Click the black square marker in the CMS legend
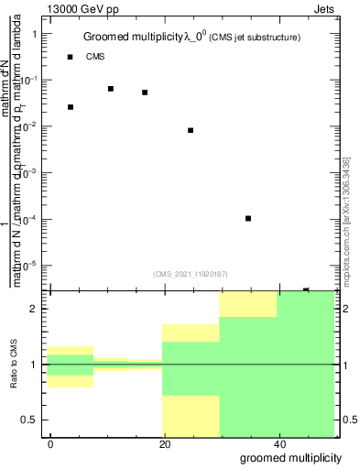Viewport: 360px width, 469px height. [x=71, y=57]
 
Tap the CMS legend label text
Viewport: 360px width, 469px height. [x=95, y=57]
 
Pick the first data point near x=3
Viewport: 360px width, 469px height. [x=71, y=107]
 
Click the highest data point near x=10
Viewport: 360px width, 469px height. [x=111, y=89]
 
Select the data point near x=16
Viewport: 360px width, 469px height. [x=145, y=93]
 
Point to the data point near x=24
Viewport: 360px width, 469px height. [x=191, y=130]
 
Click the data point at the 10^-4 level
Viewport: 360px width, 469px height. [x=248, y=218]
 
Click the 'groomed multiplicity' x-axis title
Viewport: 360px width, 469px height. [x=291, y=456]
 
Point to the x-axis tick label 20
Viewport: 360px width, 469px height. [x=165, y=442]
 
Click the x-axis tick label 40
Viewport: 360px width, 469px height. [x=278, y=442]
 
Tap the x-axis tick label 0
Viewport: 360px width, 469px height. [x=51, y=442]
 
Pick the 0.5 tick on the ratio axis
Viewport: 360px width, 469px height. [x=29, y=420]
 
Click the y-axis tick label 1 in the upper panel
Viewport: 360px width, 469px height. [x=35, y=34]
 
